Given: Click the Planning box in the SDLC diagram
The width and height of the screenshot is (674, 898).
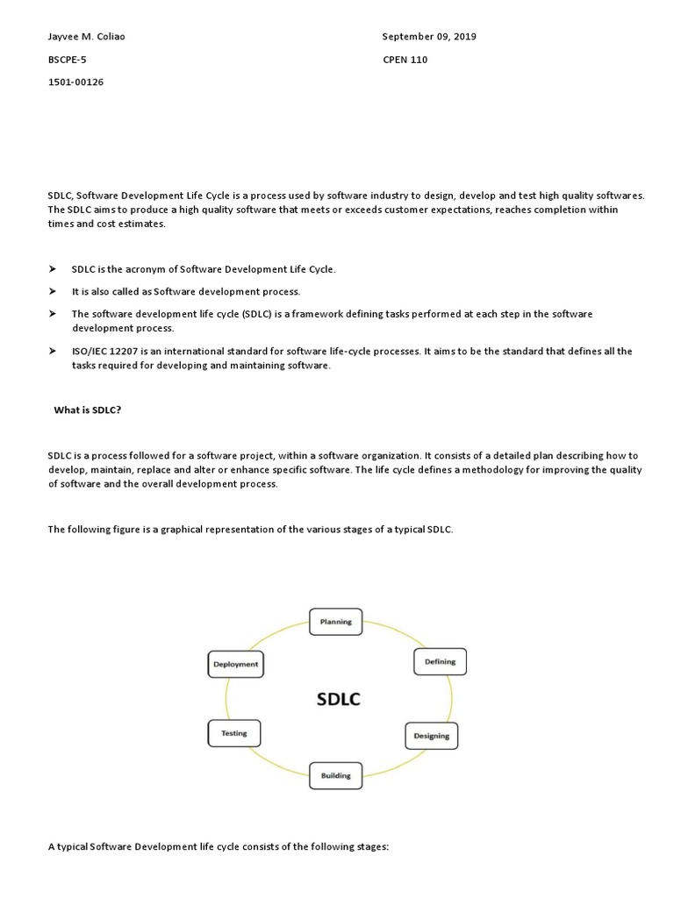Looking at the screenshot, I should coord(335,622).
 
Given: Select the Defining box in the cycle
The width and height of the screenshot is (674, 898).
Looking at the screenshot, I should coord(440,662).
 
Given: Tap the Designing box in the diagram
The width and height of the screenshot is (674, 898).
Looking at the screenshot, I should coord(431,736).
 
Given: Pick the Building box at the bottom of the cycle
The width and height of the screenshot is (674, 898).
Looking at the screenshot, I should coord(335,775).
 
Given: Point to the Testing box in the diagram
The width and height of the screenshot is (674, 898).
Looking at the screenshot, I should coord(233,733).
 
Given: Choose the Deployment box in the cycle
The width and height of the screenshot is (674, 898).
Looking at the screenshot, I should coord(235,664).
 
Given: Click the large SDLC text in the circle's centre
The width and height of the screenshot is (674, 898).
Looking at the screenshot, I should coord(338,699).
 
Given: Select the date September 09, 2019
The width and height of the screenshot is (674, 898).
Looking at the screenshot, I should coord(429,37).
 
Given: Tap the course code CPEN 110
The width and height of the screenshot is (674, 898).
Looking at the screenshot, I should coord(405,60).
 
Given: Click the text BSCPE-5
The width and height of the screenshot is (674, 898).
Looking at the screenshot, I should coord(67,60).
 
